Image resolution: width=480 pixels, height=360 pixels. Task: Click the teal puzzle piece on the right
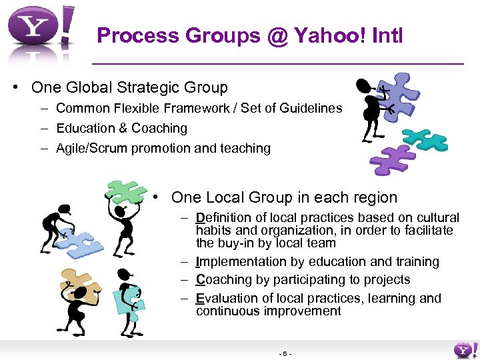(x=425, y=138)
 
